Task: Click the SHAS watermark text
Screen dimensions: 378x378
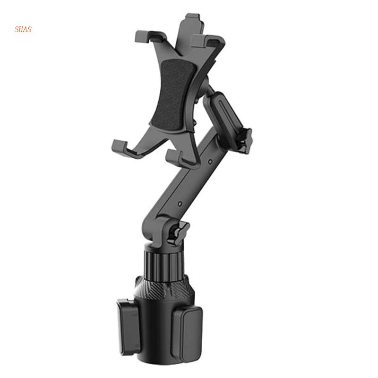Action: (x=23, y=30)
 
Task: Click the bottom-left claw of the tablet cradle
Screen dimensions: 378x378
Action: (x=124, y=147)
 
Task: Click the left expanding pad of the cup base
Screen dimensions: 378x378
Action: (x=125, y=321)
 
